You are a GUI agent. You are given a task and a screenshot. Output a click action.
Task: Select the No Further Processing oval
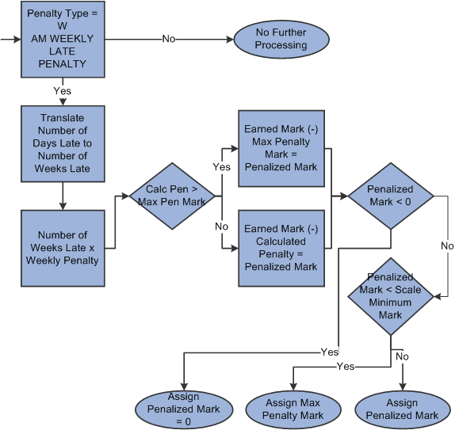click(280, 39)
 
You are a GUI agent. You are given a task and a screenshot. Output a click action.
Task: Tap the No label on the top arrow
click(169, 39)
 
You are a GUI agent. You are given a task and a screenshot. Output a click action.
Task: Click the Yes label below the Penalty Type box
click(62, 90)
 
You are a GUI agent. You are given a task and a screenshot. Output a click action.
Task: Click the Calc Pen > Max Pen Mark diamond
click(174, 195)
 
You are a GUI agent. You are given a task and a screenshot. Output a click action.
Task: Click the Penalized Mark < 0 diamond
click(390, 196)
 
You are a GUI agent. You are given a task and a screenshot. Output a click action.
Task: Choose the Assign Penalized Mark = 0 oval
click(184, 409)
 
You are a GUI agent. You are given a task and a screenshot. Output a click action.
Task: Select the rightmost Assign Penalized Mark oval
click(402, 409)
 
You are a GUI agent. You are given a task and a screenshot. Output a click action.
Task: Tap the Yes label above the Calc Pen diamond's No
click(221, 167)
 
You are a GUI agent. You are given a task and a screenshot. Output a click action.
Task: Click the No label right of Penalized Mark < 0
click(446, 245)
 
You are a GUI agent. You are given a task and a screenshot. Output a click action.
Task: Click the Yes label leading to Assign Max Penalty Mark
click(345, 366)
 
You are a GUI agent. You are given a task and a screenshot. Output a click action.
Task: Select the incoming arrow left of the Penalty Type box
click(10, 38)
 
